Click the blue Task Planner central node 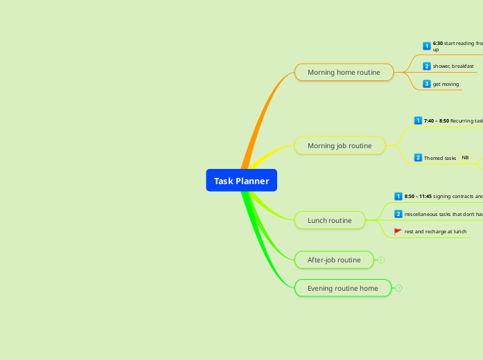pos(241,181)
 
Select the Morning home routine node pos(344,72)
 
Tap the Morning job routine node pos(340,145)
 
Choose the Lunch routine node pos(330,220)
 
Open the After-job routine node pos(334,260)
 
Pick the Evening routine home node pos(343,288)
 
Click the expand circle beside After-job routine pos(381,260)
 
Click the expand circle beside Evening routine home pos(399,288)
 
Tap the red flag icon pos(398,231)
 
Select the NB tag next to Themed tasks pos(465,158)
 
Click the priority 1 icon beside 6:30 pos(427,46)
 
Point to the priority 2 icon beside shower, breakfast pos(427,66)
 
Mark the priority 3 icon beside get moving pos(427,84)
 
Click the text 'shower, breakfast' pos(453,66)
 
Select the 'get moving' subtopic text pos(446,84)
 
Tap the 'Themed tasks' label pos(440,158)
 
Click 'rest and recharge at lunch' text pos(435,231)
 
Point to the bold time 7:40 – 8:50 pos(437,120)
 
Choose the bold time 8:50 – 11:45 pos(418,196)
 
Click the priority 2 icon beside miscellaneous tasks pos(398,214)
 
